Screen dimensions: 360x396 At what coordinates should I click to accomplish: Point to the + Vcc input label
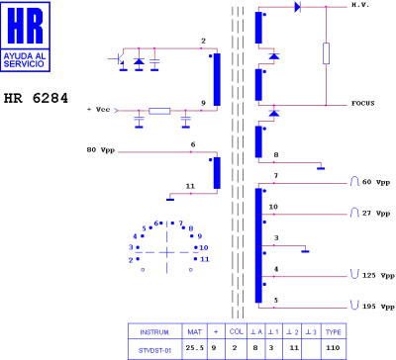coord(100,108)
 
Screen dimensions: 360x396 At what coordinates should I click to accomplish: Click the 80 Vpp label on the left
coord(102,151)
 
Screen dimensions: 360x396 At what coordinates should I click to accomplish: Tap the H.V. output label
coord(360,6)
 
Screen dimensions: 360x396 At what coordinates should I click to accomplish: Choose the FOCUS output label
coord(363,103)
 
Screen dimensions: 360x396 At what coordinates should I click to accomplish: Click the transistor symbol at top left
coord(120,61)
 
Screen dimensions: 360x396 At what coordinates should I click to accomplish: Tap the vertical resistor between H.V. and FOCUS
coord(326,53)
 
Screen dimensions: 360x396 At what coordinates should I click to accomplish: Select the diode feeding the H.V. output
coord(296,7)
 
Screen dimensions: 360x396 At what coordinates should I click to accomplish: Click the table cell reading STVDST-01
coord(155,348)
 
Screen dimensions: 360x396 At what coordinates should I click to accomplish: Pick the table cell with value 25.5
coord(196,348)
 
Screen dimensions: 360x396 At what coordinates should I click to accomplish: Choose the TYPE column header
coord(334,331)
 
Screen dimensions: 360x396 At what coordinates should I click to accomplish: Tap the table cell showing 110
coord(334,348)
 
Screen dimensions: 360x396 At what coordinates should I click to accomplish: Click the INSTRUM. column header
coord(155,331)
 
